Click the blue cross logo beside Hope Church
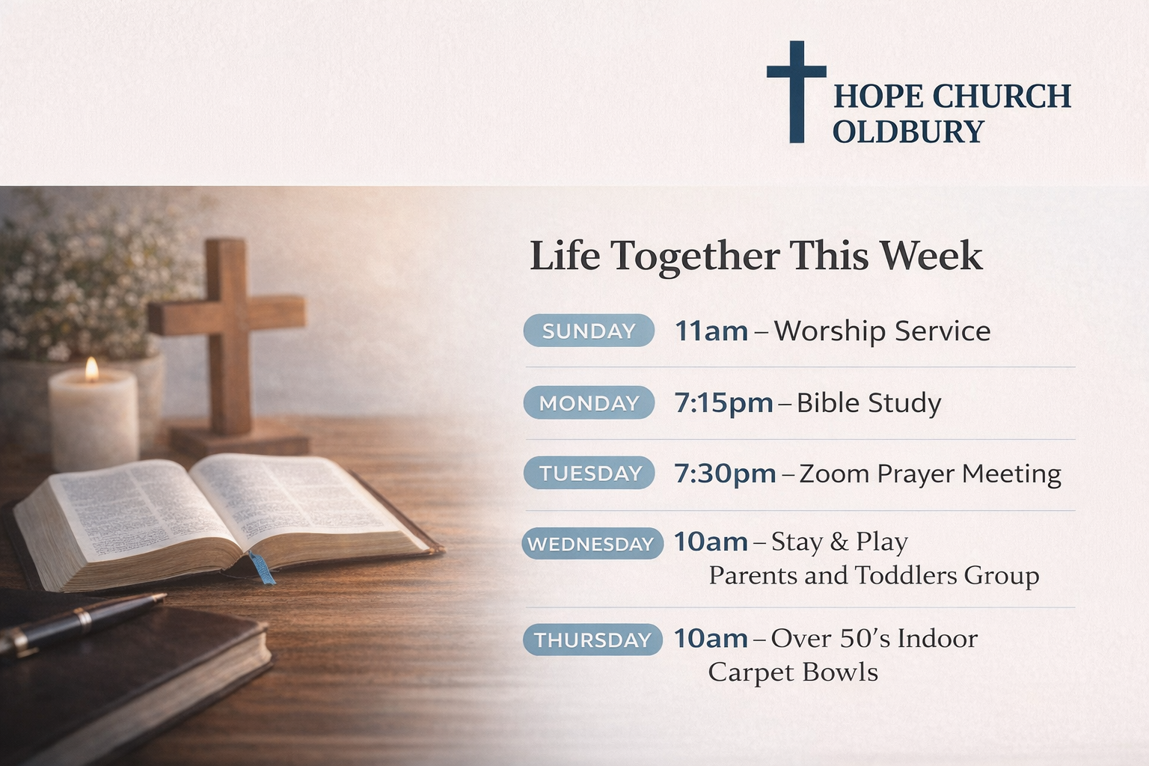797,91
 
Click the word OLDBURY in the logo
908,132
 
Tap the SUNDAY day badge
589,331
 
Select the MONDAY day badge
589,402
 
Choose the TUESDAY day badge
589,473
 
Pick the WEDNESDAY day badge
592,543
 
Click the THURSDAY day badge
592,640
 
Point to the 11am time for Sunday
711,331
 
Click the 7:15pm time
724,403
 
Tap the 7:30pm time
725,474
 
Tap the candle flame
92,370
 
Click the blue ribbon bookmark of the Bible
262,568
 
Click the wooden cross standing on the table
227,339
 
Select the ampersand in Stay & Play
839,542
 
